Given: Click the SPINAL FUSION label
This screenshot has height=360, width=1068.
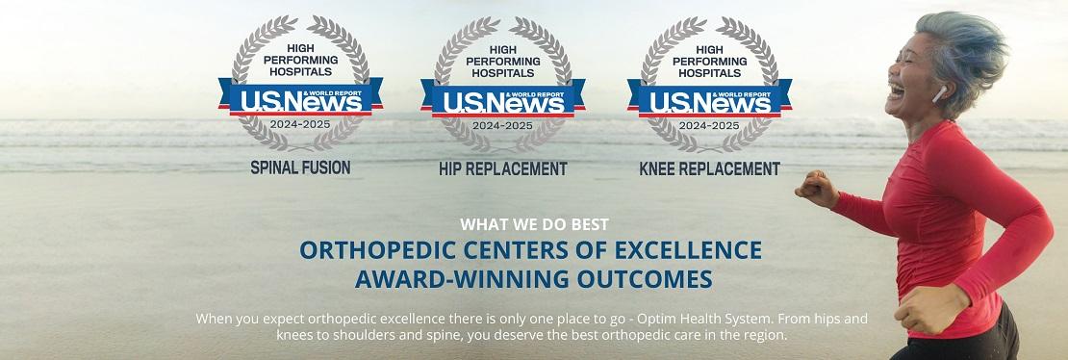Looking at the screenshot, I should coord(301,167).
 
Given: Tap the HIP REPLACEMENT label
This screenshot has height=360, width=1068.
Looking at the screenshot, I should coord(502,169).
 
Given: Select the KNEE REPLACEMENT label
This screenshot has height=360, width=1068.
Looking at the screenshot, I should coord(709,169).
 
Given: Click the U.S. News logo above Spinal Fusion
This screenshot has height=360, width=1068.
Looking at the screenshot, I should coord(301,99).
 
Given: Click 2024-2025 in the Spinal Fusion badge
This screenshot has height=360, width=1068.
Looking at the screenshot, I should coord(301,124).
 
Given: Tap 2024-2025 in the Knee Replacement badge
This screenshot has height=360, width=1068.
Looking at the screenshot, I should coord(709,126).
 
